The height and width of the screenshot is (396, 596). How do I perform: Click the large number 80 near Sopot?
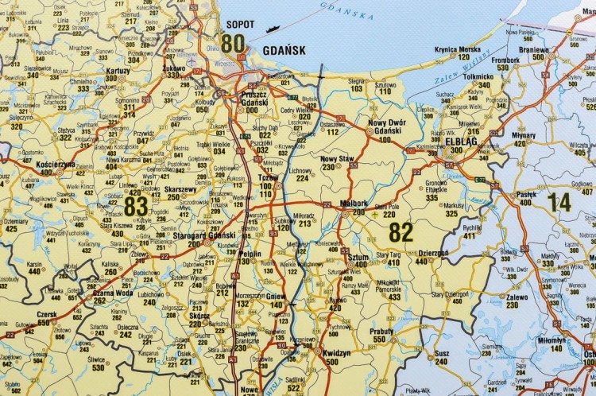(x=232, y=43)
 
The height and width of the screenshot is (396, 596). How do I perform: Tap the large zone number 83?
(x=136, y=206)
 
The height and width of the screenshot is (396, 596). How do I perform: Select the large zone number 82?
(x=401, y=231)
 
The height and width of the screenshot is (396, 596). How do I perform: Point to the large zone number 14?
(x=559, y=202)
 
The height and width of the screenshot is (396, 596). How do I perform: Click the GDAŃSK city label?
(x=284, y=49)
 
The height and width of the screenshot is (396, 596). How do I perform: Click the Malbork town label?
(x=353, y=204)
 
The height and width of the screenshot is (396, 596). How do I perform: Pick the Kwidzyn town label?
(x=338, y=351)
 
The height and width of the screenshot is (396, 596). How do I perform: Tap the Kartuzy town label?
(x=117, y=70)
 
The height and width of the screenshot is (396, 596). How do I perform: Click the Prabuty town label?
(x=381, y=332)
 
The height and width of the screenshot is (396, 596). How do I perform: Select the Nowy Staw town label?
(x=336, y=158)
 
